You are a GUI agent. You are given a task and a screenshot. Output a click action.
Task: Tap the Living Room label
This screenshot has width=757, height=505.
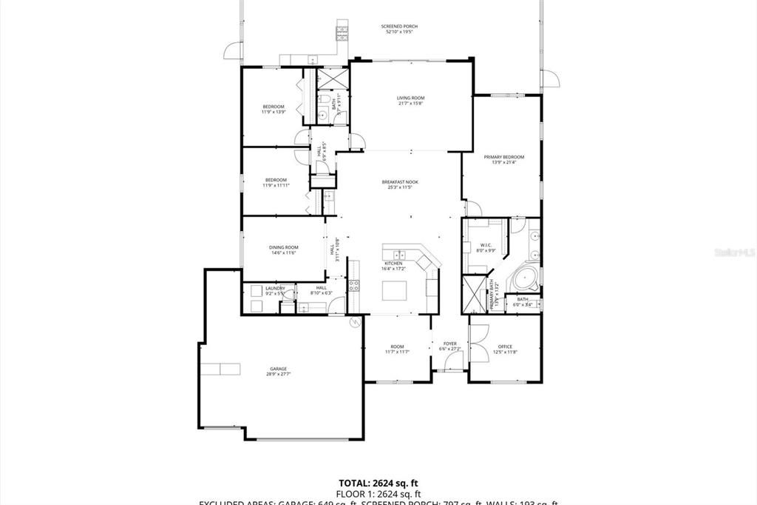[x=410, y=98]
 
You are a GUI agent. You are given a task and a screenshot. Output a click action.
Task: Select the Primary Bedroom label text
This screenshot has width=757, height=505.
[x=503, y=157]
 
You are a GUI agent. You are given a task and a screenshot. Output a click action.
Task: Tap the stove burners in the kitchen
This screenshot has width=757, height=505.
[x=353, y=286]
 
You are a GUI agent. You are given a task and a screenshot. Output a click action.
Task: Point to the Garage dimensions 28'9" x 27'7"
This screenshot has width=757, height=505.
[x=278, y=375]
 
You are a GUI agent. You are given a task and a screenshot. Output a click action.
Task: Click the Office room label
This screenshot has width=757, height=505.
[x=505, y=347]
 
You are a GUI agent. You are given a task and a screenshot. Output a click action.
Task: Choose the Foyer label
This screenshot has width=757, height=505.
[x=449, y=344]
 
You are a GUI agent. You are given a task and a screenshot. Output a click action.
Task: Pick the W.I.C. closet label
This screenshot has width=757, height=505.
[x=485, y=246]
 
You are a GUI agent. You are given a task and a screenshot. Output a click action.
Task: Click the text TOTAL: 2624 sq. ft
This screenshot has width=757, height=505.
[x=378, y=481]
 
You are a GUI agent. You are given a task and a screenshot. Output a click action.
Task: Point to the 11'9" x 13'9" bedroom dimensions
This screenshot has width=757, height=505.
[x=274, y=113]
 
